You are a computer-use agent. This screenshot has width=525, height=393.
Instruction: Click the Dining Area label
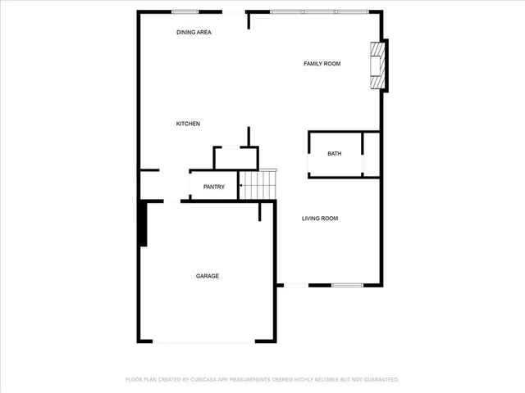click(194, 32)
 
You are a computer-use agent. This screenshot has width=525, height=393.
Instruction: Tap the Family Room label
click(322, 63)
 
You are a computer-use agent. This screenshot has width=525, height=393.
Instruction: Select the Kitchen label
click(188, 124)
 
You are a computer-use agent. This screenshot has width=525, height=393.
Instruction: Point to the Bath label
click(335, 154)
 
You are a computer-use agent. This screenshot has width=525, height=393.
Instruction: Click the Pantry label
click(214, 187)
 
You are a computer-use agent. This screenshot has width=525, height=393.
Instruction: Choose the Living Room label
click(320, 218)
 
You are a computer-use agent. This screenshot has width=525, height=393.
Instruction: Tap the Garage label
click(207, 276)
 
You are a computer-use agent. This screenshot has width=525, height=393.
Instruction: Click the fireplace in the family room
click(377, 65)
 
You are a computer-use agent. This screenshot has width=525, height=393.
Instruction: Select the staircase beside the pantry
click(258, 186)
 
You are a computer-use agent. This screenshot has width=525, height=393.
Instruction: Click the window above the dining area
click(185, 11)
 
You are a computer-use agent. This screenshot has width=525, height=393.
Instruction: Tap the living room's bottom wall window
click(347, 285)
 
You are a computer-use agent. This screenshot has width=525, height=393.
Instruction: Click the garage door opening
click(204, 342)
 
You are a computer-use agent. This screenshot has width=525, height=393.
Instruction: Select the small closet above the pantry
click(235, 158)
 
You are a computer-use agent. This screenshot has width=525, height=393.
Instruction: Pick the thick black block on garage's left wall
click(143, 224)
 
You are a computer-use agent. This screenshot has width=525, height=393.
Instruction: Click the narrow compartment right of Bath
click(371, 154)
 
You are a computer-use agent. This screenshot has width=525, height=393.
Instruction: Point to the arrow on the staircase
click(241, 187)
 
